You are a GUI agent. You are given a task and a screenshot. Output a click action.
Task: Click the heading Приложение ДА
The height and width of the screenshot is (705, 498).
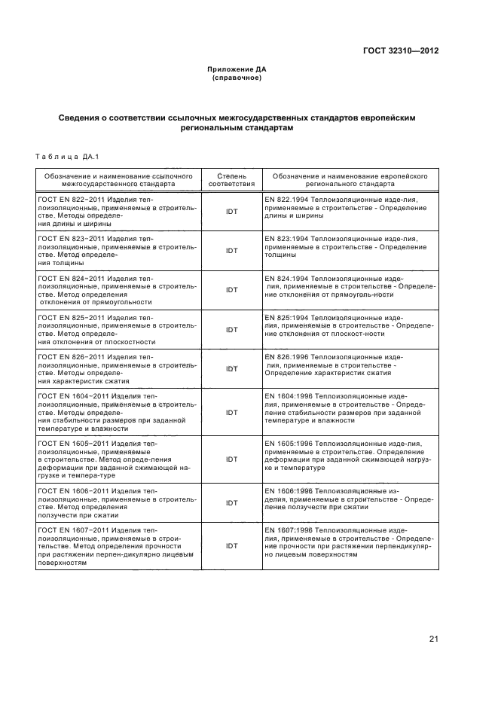237,69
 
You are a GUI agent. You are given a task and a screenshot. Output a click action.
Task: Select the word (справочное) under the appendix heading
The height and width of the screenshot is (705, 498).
237,78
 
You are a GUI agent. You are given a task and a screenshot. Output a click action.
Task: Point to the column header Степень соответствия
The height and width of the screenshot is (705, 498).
231,179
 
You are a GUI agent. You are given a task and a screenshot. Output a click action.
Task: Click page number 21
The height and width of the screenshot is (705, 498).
434,639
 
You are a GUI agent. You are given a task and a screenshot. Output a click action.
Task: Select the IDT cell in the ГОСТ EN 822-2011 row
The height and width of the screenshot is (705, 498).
231,212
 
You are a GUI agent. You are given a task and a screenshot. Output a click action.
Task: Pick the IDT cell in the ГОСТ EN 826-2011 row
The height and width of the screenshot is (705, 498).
231,369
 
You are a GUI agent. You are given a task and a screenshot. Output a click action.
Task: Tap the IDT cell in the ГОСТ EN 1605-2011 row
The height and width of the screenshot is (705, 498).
231,459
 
